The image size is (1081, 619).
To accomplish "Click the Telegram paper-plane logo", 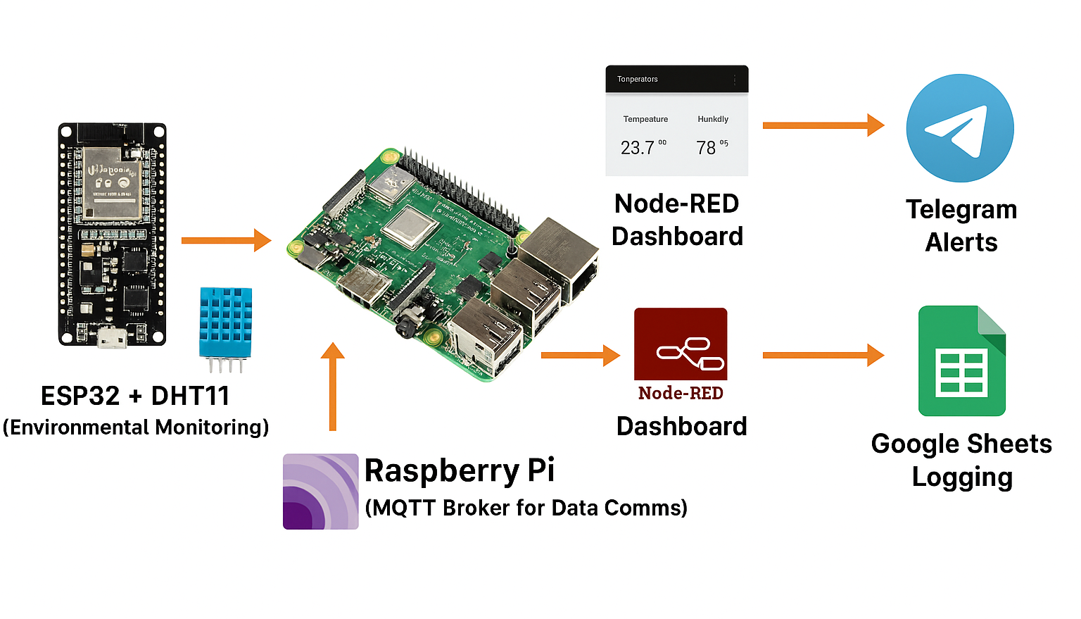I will click(960, 128).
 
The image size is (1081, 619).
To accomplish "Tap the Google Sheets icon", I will click(961, 361).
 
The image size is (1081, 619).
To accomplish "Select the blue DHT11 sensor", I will click(225, 323).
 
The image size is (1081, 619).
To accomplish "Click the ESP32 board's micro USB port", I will click(112, 339).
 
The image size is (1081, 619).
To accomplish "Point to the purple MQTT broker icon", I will click(320, 492).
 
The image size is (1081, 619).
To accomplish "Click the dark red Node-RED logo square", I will click(681, 344).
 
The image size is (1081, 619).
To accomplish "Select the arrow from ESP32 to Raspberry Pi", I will click(226, 240).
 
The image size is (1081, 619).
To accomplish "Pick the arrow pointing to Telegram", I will click(823, 125).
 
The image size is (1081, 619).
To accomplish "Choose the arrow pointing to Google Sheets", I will click(823, 355).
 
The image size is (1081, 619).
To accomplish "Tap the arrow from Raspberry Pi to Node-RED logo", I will click(580, 355).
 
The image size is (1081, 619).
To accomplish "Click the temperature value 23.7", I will click(637, 148).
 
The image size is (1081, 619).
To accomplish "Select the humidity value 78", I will click(706, 148).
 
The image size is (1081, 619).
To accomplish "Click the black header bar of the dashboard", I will click(676, 79).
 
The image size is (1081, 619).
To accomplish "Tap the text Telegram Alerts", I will click(961, 225).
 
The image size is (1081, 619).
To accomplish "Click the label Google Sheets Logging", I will click(961, 460).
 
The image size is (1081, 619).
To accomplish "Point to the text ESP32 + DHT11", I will click(135, 396).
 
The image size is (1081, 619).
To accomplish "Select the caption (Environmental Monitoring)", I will click(135, 427).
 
